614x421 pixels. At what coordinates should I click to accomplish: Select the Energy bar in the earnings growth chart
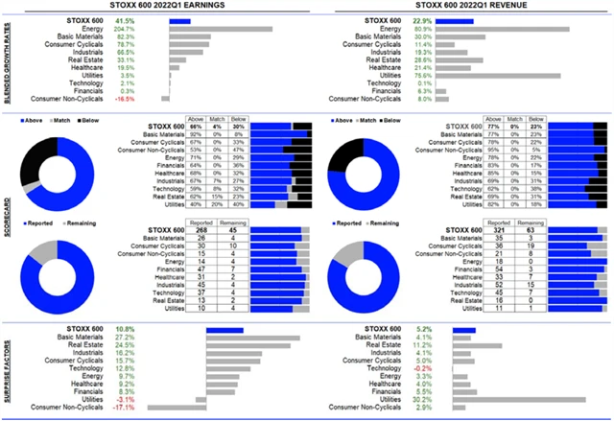coord(221,29)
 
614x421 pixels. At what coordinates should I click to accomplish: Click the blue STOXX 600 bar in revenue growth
coord(458,20)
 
